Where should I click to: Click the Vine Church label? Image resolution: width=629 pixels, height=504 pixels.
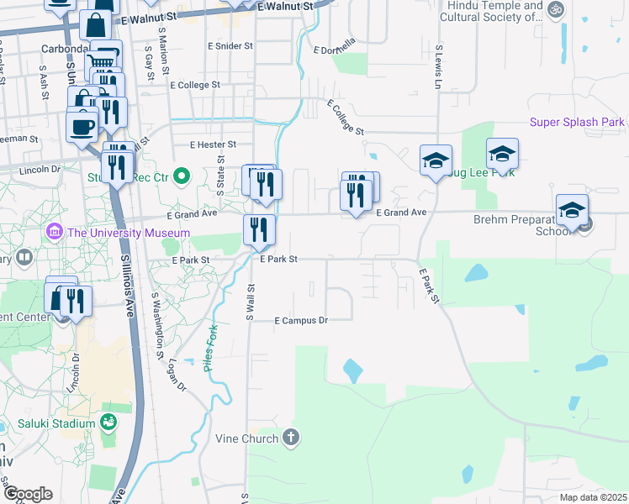click(248, 438)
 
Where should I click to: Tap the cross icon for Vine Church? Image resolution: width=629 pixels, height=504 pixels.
click(290, 437)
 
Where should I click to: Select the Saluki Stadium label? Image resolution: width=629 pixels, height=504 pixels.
click(60, 423)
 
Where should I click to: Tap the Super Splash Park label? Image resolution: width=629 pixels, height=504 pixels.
click(577, 123)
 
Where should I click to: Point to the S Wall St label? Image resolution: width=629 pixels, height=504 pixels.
click(250, 302)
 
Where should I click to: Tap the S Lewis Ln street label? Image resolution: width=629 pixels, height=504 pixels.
click(437, 69)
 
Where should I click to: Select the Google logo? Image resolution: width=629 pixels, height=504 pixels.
click(28, 494)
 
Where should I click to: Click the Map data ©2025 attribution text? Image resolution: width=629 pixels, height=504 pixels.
click(592, 497)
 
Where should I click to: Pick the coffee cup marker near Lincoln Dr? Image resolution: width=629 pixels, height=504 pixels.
click(82, 127)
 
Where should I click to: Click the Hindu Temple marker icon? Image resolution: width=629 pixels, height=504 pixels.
click(554, 10)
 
